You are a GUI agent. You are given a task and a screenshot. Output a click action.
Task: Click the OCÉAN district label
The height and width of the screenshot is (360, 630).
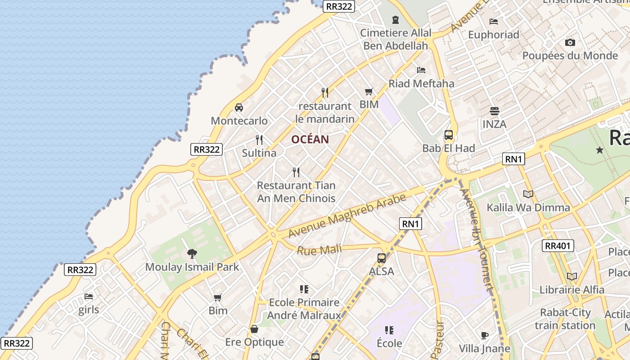coord(310,139)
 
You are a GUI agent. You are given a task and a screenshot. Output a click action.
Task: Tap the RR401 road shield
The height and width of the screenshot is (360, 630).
coord(558,246)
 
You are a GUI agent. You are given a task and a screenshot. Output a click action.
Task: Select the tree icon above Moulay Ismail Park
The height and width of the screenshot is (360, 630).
coord(192,254)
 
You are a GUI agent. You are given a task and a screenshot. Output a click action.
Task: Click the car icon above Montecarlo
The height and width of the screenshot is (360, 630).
coord(239,108)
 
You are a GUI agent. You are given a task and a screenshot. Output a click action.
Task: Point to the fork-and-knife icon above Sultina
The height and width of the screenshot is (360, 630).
coord(259,140)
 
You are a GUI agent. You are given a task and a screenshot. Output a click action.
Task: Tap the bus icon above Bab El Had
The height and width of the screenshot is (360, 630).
coord(449,135)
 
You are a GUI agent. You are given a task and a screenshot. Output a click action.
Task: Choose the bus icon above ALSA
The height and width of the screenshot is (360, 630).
coord(382,258)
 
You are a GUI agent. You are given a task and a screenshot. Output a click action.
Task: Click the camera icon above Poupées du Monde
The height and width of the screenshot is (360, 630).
coord(570,43)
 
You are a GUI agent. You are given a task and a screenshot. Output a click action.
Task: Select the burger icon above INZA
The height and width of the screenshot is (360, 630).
coord(495,111)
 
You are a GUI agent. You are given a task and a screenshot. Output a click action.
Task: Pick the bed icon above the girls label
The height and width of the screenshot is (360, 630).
coord(89,297)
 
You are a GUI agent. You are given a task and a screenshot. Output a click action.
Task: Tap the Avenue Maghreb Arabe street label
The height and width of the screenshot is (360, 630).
coord(347,216)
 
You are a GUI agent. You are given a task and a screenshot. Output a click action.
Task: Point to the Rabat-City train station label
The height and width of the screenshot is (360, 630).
coord(565,319)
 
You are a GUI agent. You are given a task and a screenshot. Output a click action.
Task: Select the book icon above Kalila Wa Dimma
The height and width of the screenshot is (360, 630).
coord(528,194)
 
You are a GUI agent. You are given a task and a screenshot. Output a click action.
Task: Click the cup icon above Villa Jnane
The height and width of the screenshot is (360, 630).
coord(485,335)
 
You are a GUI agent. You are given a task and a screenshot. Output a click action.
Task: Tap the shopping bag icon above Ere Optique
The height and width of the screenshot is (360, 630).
coord(254,329)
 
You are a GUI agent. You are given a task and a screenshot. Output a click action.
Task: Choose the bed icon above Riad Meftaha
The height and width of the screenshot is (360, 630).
coord(421,70)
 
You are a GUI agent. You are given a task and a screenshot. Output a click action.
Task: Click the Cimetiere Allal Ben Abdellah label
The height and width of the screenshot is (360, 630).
coord(396,39)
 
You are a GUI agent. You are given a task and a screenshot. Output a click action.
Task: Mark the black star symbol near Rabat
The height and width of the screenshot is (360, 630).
coord(599,150)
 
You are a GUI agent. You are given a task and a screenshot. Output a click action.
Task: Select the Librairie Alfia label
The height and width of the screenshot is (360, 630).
coord(572,290)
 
